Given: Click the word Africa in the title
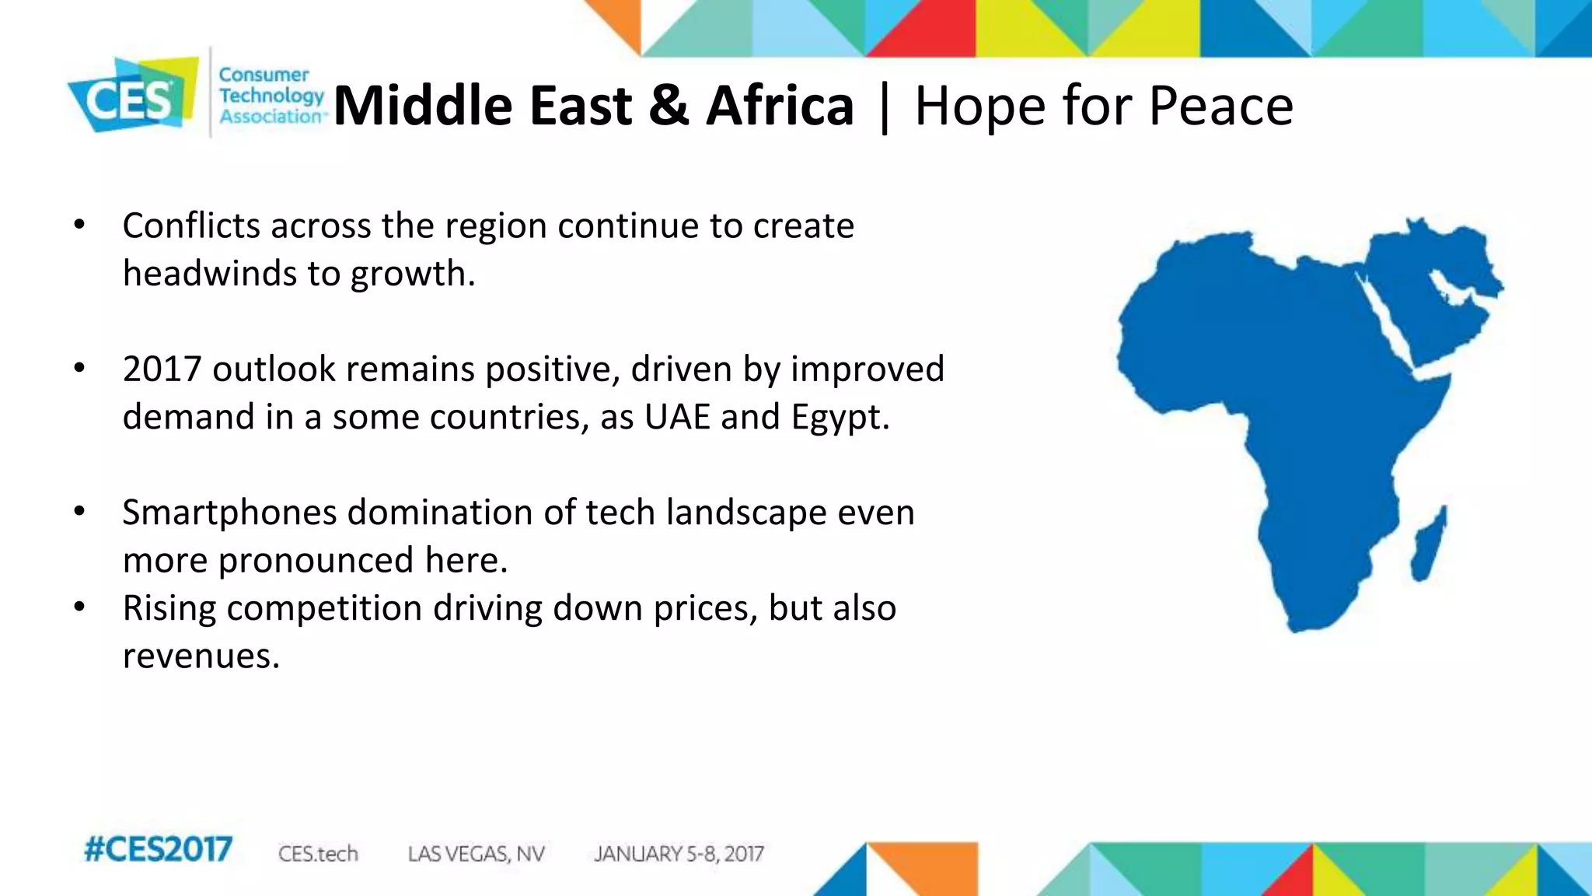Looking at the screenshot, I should (780, 106).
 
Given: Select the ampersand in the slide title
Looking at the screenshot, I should (668, 106).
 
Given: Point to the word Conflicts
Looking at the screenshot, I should (191, 226).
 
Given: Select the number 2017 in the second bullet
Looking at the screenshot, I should (162, 369).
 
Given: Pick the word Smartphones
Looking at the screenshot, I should (229, 513).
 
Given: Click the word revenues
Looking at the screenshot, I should (201, 656).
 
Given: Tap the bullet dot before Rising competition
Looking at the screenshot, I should (79, 607).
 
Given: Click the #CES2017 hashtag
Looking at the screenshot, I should (158, 849).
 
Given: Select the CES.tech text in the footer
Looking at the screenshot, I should (318, 854).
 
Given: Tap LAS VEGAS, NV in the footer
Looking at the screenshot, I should (476, 854).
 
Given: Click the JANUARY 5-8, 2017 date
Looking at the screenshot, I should (679, 854).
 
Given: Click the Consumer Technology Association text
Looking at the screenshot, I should (271, 96).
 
